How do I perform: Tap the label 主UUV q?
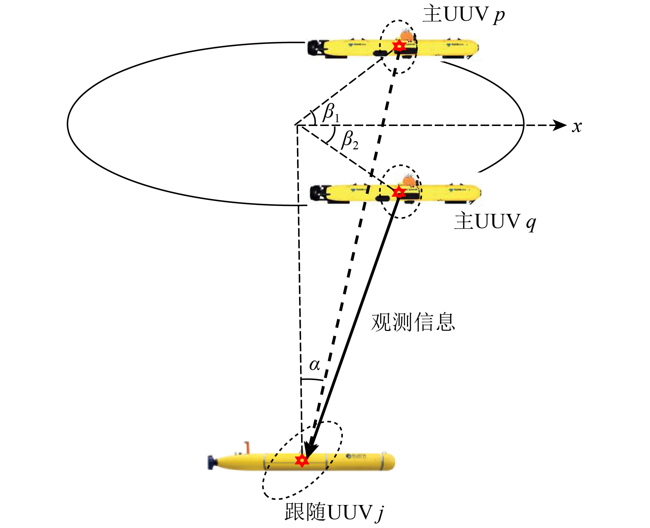click(x=495, y=221)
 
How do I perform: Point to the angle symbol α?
click(x=315, y=365)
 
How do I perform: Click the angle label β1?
click(x=331, y=113)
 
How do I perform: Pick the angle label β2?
click(x=350, y=140)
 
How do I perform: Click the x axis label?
click(x=577, y=126)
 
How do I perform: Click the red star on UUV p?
click(x=399, y=45)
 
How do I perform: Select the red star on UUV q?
click(x=399, y=192)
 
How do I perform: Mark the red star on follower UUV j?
click(x=302, y=460)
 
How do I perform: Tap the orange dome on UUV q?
click(x=409, y=180)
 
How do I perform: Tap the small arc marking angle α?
click(x=312, y=379)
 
